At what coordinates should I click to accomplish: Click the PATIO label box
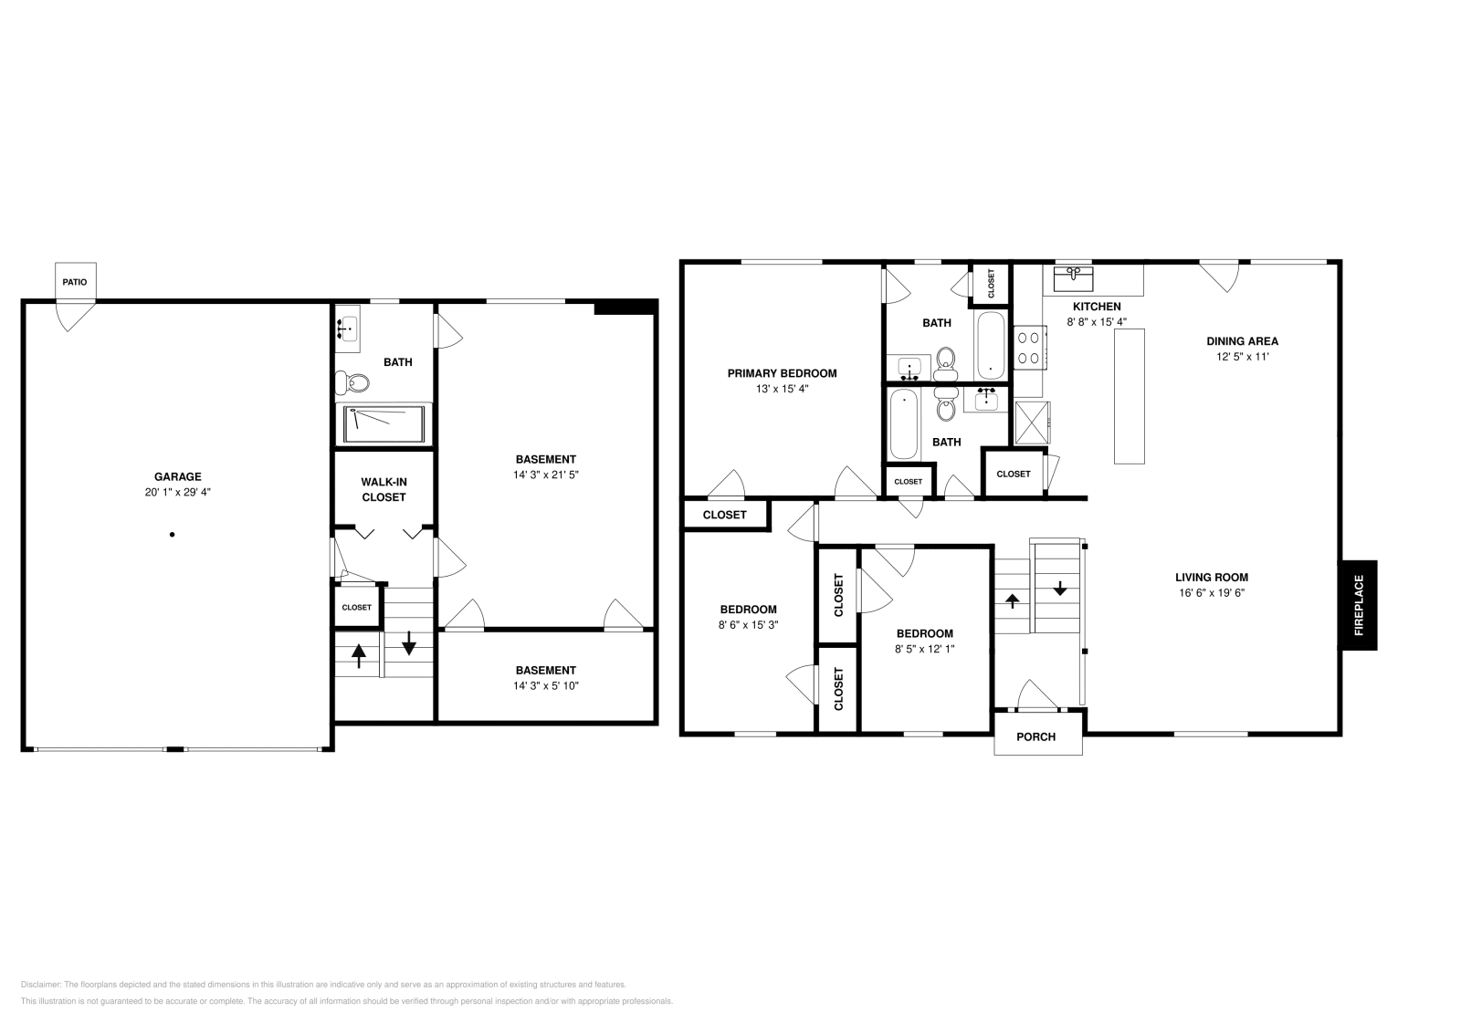coord(75,282)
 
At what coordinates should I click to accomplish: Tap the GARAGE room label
coord(177,476)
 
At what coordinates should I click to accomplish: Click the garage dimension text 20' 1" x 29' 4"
coord(177,492)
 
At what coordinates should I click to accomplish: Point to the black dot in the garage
coord(172,535)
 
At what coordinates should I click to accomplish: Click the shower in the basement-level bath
coord(384,423)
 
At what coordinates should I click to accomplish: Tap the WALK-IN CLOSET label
coord(384,489)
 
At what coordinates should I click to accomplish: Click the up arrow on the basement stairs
coord(359,655)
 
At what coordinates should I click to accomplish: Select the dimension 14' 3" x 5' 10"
coord(546,685)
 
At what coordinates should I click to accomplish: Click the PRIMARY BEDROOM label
coord(782,372)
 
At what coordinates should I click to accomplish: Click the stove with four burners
coord(1029,349)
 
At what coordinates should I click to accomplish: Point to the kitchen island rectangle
coord(1130,396)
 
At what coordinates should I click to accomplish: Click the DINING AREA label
coord(1242,341)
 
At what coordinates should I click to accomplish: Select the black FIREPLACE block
coord(1358,604)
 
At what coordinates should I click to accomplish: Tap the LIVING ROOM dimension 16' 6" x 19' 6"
coord(1211,592)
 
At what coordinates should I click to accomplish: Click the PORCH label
coord(1036,736)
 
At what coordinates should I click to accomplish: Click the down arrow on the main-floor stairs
coord(1060,589)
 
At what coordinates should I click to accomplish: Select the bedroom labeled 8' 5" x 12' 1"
coord(924,642)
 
